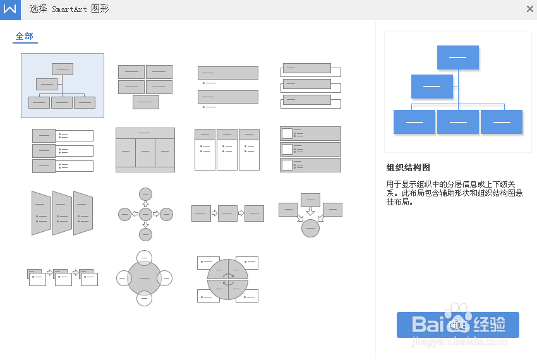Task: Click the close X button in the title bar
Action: [x=529, y=9]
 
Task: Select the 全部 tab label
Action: [x=25, y=37]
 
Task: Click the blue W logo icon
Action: [x=9, y=9]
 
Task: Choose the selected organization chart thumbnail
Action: [x=63, y=85]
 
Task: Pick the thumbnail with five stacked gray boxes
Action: [x=145, y=87]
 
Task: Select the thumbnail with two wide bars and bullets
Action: [x=228, y=87]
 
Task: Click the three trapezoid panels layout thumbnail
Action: [x=62, y=213]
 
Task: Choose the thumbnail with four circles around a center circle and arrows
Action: [x=145, y=214]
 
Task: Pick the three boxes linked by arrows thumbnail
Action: [x=227, y=213]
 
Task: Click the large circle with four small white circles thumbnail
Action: [x=145, y=278]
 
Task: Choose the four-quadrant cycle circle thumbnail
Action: [x=227, y=279]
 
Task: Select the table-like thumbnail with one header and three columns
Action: [x=145, y=150]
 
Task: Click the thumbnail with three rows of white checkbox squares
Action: [x=310, y=149]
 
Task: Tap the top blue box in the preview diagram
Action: [x=457, y=57]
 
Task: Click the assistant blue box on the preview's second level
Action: [x=431, y=87]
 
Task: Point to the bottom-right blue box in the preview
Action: [x=502, y=122]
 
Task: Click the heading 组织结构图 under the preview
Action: [x=408, y=168]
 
